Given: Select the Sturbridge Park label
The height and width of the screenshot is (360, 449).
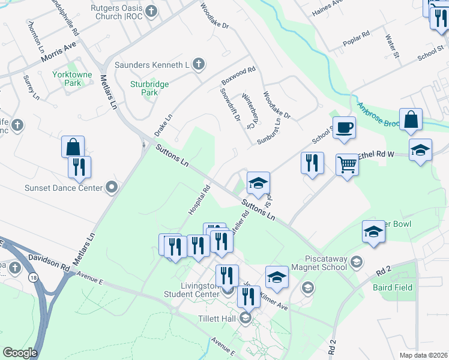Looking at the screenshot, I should [x=149, y=88].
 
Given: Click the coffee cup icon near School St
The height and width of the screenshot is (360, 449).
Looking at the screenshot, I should [x=344, y=127].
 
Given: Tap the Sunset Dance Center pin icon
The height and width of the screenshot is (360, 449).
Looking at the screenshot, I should [x=112, y=188].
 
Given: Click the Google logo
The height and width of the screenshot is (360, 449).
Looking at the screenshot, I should [x=20, y=353].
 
